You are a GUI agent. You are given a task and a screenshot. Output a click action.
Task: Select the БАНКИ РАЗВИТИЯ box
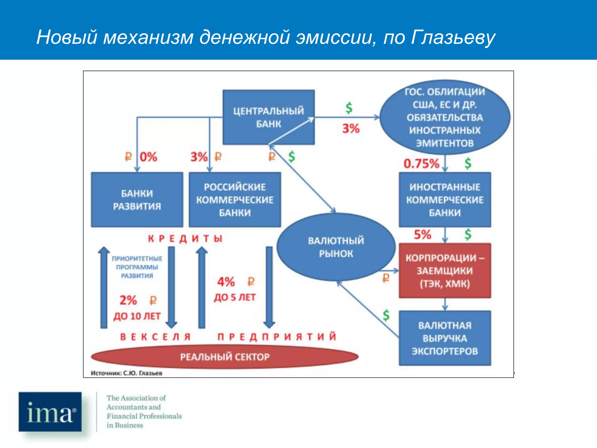pos(137,200)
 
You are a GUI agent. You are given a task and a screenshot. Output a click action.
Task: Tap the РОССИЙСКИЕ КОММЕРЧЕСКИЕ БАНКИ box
pos(235,200)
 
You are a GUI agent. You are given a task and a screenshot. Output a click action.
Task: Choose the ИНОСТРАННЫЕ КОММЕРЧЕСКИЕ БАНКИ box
pos(445,200)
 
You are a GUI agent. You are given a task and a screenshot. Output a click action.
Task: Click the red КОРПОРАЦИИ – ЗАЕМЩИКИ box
pos(445,271)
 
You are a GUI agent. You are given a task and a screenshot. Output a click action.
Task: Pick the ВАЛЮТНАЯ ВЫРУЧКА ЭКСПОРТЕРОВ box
pos(445,338)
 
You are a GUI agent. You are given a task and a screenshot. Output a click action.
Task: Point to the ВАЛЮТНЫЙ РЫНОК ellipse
pos(336,247)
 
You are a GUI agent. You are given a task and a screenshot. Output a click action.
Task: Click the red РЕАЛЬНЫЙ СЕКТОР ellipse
pos(224,357)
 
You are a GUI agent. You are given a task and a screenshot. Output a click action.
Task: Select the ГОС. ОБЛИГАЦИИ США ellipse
pos(445,117)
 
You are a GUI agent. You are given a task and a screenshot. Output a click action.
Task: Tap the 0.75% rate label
pos(421,164)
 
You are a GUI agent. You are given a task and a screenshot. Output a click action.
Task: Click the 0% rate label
pos(148,157)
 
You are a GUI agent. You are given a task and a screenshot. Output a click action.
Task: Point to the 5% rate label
pos(422,235)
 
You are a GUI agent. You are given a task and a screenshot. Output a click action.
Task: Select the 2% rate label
pos(128,300)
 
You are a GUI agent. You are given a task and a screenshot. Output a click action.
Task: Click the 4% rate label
pos(226,282)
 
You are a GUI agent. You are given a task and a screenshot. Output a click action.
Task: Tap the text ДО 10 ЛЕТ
pos(137,316)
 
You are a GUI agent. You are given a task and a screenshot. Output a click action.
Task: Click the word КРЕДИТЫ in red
pos(185,239)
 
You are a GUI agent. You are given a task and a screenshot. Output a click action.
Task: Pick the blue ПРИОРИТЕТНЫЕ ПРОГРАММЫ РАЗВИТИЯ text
pos(137,267)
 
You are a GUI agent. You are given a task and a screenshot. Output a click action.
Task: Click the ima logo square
pos(50,412)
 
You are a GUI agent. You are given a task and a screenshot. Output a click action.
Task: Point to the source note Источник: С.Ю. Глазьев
pos(127,373)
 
